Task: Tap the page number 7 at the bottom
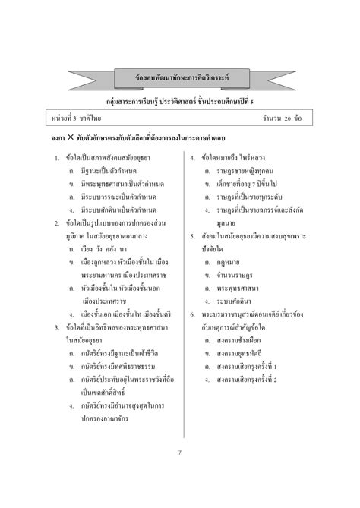(x=179, y=453)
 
